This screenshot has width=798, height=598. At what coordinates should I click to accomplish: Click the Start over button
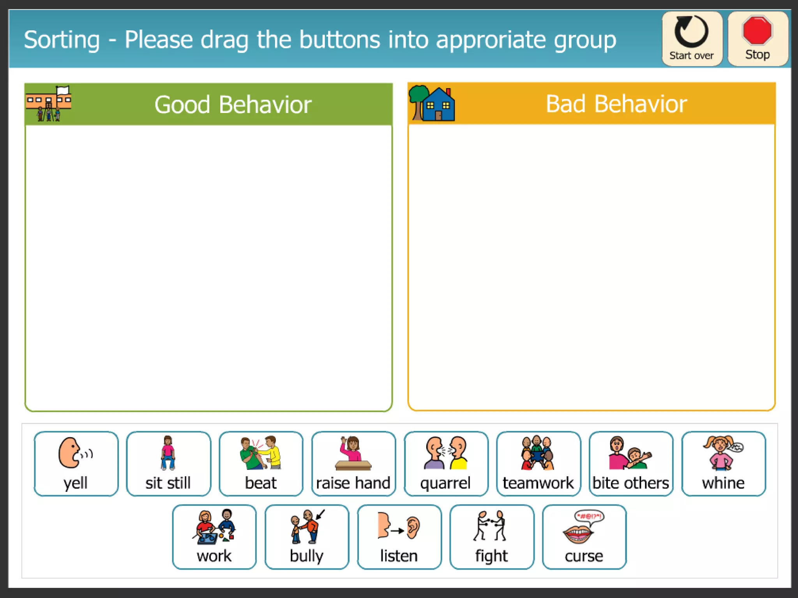pos(692,39)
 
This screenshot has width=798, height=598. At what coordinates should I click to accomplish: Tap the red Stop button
pos(757,39)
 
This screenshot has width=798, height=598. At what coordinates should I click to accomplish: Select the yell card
pos(76,463)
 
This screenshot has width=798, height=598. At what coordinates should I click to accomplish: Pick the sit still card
pos(168,463)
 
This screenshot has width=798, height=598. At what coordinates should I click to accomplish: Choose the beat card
pos(261,463)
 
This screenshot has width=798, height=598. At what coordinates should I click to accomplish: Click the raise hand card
pos(353,463)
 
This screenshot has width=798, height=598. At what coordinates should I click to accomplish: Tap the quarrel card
pos(446,463)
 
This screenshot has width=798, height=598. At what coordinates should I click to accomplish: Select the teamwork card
pos(538,463)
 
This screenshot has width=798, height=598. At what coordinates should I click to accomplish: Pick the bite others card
pos(631,463)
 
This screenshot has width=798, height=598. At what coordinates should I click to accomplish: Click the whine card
pos(724,463)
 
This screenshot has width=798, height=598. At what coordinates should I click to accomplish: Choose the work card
pos(214,537)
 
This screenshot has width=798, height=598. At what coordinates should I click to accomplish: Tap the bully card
pos(307,537)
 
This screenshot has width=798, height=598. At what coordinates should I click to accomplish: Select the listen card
pos(399,537)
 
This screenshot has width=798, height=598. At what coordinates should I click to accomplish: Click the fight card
pos(492,537)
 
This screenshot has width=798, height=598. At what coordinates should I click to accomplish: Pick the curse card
pos(584,537)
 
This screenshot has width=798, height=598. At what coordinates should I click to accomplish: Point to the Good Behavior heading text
pos(233,105)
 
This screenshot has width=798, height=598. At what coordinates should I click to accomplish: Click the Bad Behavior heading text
pos(616,104)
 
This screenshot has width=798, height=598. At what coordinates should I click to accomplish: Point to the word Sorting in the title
pos(62,40)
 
